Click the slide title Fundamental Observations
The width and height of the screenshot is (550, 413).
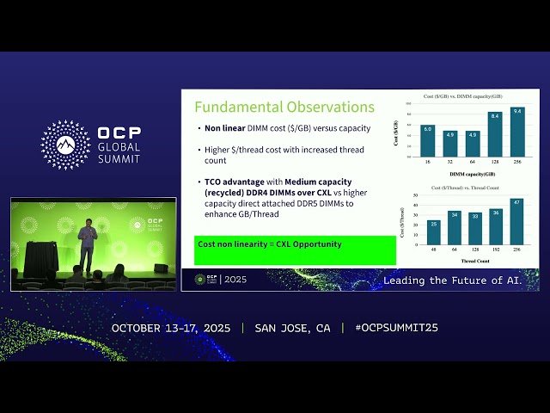click(284, 108)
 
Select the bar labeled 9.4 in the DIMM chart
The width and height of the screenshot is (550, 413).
click(516, 137)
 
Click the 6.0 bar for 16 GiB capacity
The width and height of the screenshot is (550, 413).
click(427, 141)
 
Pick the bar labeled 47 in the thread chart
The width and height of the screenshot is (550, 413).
click(516, 223)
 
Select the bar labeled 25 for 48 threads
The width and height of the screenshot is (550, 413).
click(433, 232)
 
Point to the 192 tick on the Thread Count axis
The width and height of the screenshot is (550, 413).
click(496, 250)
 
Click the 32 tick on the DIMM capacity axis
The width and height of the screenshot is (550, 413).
click(449, 162)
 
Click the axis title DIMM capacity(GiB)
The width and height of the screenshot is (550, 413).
click(472, 174)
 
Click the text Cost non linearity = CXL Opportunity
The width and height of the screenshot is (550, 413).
click(270, 244)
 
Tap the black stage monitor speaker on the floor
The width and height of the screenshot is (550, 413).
click(161, 268)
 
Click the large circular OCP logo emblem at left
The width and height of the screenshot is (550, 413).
click(65, 145)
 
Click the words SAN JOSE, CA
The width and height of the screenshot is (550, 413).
click(292, 328)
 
